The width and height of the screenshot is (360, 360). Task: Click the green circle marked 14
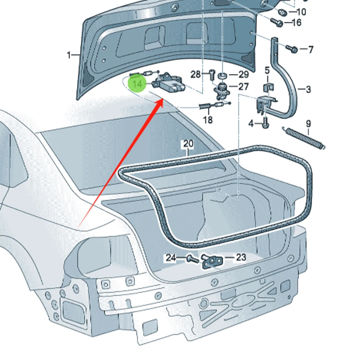click(138, 84)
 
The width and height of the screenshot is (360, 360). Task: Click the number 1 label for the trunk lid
click(69, 55)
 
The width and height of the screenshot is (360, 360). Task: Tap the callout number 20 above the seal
click(188, 144)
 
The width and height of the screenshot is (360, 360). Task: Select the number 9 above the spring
click(308, 124)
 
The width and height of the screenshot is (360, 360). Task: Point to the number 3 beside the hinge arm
click(308, 89)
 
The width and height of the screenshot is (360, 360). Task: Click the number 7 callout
click(311, 49)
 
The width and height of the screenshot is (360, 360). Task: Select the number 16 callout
click(296, 23)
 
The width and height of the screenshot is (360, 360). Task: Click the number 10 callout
click(301, 12)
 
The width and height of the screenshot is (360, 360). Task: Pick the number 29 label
click(244, 75)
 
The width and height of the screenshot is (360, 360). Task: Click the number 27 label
click(244, 87)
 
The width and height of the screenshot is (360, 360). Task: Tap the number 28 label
click(195, 75)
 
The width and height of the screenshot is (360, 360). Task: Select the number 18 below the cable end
click(208, 120)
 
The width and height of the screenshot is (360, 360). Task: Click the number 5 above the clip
click(267, 70)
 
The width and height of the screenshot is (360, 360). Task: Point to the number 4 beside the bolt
click(251, 124)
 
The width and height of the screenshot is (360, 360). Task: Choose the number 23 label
click(240, 257)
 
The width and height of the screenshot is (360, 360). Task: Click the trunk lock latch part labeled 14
click(168, 84)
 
